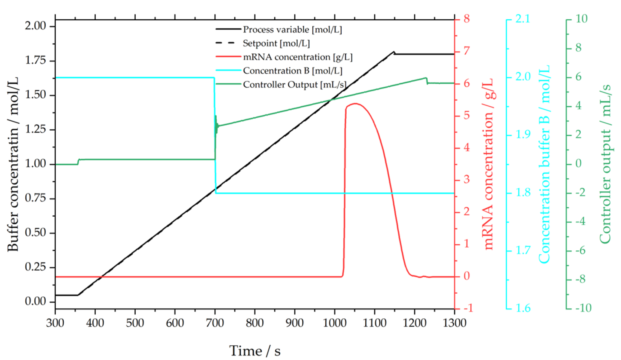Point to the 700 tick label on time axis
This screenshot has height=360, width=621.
click(x=215, y=323)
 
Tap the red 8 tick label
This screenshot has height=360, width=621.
click(x=466, y=19)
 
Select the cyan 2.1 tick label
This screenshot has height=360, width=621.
click(x=523, y=19)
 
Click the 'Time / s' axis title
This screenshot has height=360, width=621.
click(x=255, y=351)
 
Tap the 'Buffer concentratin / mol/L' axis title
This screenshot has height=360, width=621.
click(x=13, y=164)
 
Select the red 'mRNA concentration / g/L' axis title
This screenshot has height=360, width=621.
click(x=488, y=164)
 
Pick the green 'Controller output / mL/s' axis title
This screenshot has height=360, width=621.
click(x=605, y=164)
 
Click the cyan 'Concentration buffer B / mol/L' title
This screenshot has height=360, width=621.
click(x=544, y=164)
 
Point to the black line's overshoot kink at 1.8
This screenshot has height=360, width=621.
click(x=394, y=52)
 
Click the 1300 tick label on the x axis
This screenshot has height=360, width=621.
click(x=454, y=323)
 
